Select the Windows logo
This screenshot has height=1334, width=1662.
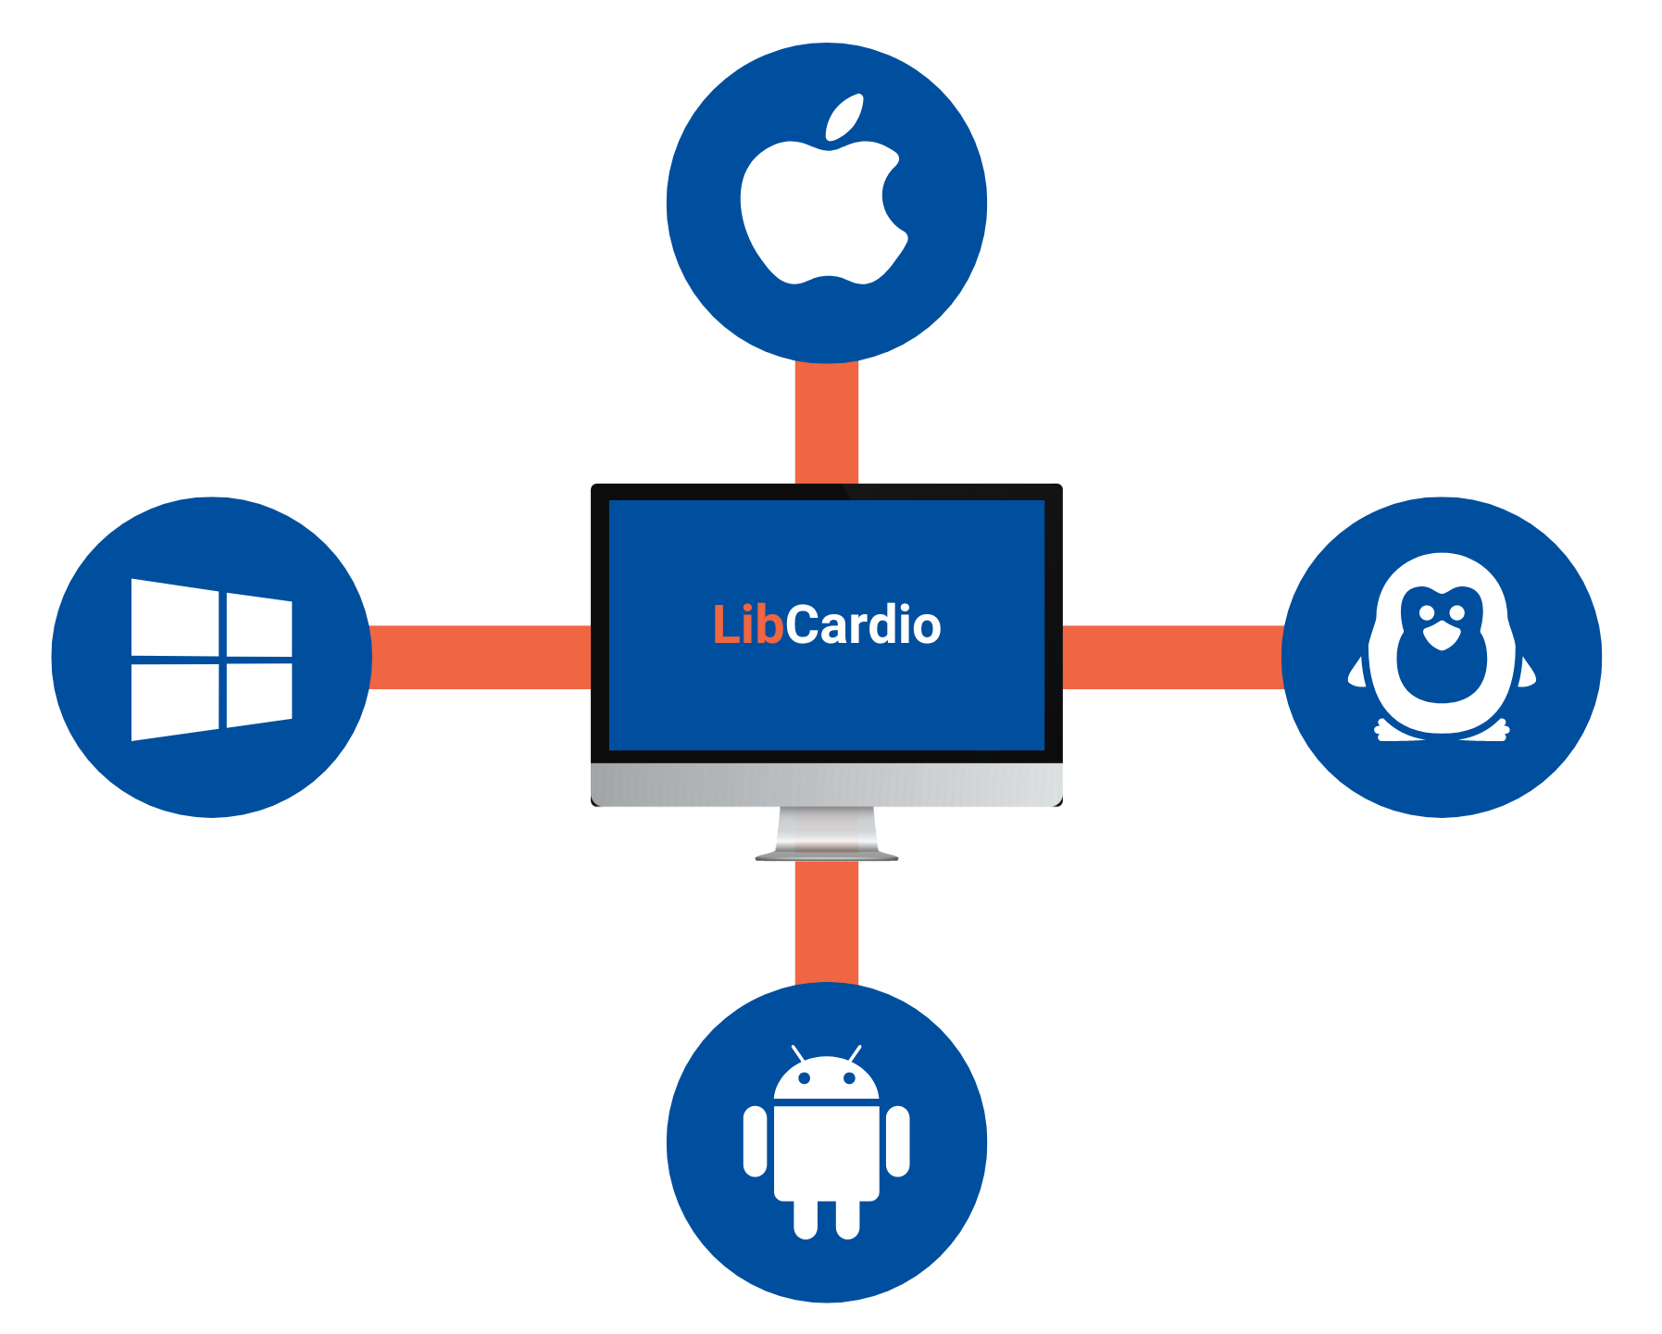(x=212, y=659)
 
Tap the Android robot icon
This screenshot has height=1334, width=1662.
(x=826, y=1144)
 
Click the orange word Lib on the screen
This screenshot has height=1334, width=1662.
(x=748, y=625)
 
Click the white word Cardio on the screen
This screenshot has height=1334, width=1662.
(x=863, y=625)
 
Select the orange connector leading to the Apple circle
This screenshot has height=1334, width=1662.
(x=826, y=422)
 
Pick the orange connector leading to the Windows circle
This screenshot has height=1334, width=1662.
(x=480, y=657)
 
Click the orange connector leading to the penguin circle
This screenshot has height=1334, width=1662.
(x=1172, y=657)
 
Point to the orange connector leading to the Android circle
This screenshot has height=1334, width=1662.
(x=826, y=922)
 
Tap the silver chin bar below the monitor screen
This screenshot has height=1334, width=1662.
(x=826, y=786)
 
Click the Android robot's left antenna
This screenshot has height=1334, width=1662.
(x=797, y=1053)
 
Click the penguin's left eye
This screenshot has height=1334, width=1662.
(x=1427, y=612)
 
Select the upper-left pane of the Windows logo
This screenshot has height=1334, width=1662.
(x=175, y=616)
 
